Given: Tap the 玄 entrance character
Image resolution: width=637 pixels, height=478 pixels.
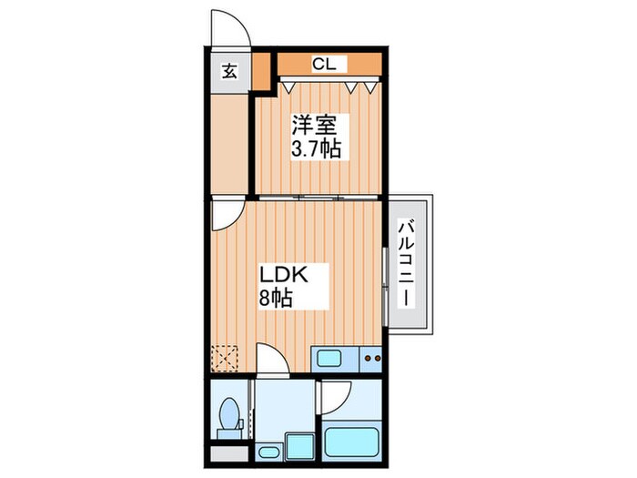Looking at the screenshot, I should pyautogui.click(x=230, y=72).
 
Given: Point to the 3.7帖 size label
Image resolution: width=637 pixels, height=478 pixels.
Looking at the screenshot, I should pyautogui.click(x=315, y=148).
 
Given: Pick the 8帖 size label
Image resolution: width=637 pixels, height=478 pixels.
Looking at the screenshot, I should pyautogui.click(x=275, y=298).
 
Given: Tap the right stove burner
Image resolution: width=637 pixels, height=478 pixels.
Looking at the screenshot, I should pyautogui.click(x=378, y=359).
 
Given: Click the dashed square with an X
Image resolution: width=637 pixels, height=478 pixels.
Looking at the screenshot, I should pyautogui.click(x=224, y=358).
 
